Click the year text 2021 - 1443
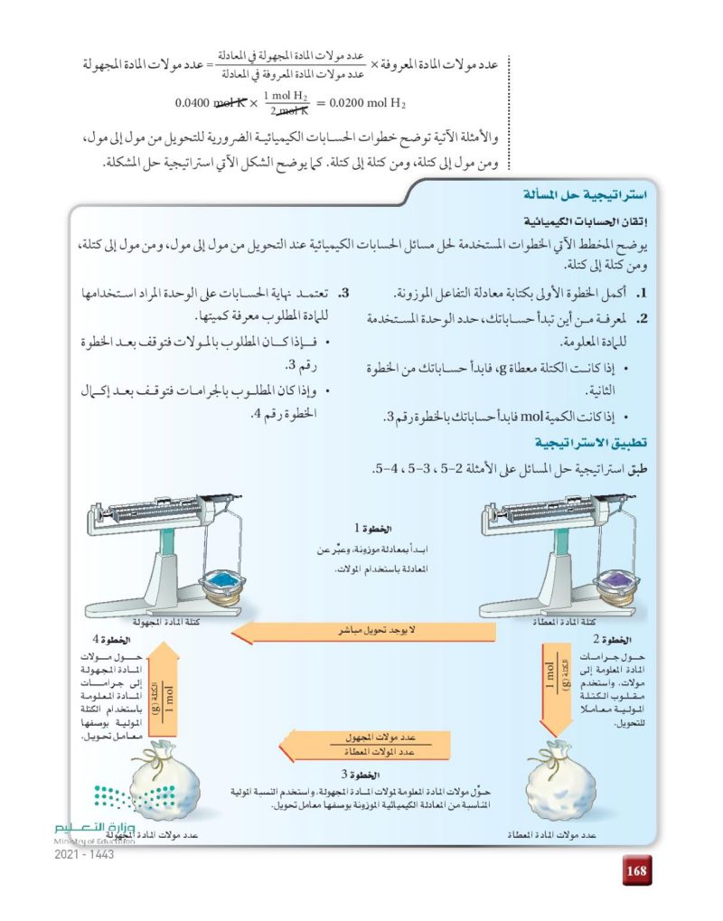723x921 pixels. coord(84,854)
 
